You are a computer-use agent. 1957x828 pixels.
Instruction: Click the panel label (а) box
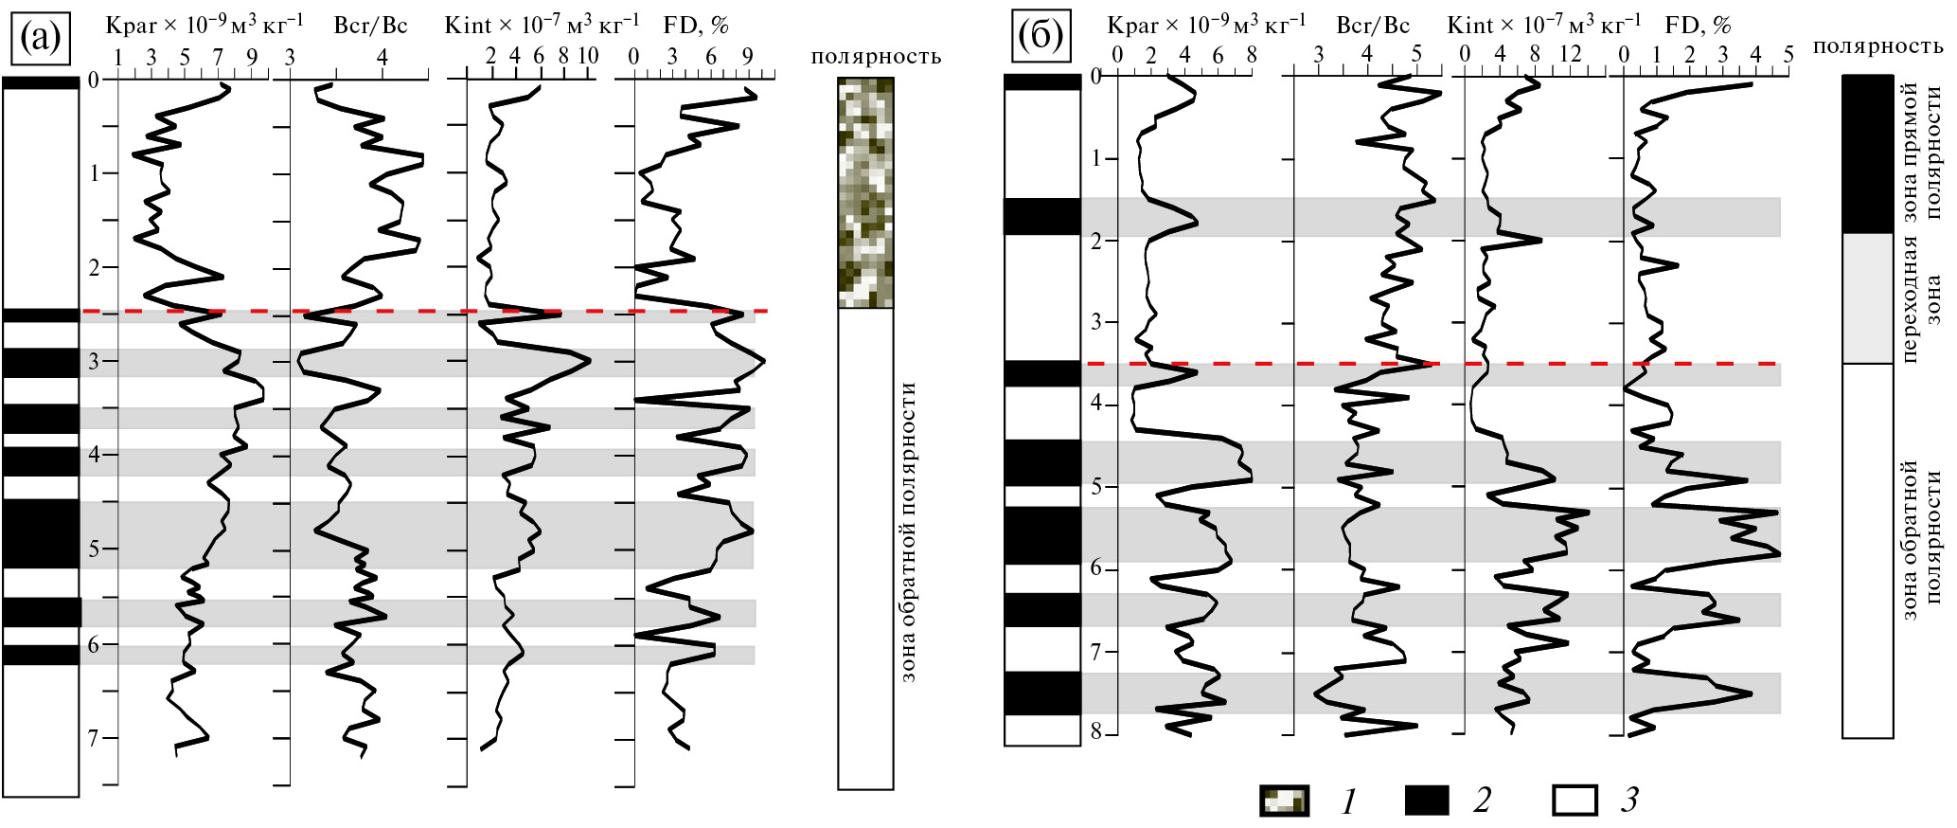click(40, 39)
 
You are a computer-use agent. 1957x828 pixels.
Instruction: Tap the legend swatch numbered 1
click(1283, 801)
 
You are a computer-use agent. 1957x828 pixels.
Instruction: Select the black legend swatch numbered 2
click(1427, 801)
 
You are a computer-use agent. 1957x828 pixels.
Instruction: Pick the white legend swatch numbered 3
click(1576, 801)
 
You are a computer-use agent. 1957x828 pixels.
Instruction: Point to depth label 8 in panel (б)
click(1094, 733)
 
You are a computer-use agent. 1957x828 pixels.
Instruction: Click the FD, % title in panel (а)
click(695, 26)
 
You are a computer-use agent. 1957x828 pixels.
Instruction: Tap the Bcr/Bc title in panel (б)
click(1371, 26)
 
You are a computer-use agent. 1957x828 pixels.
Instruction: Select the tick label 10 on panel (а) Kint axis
click(587, 56)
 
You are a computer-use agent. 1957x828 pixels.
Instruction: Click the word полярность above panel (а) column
click(876, 57)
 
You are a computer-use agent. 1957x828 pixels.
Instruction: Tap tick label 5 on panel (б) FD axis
click(1788, 55)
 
